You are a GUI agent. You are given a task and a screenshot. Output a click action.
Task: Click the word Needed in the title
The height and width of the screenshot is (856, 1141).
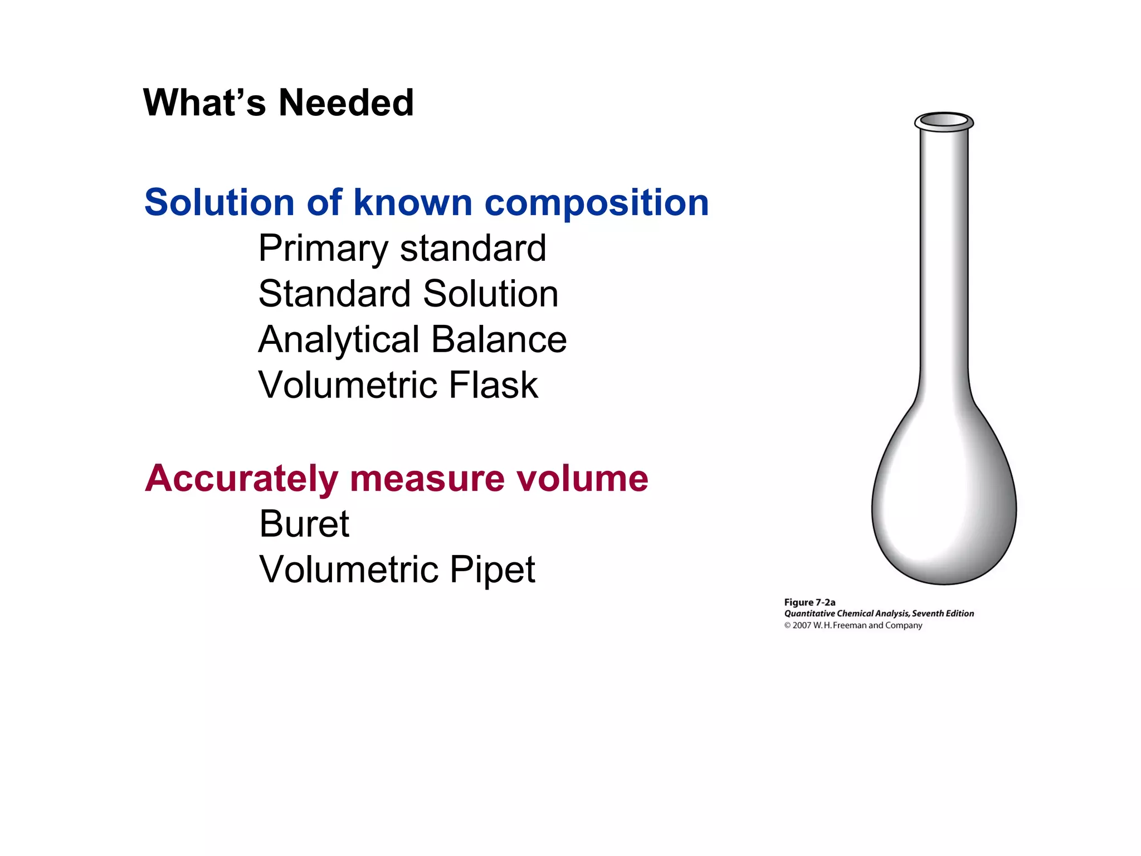pos(346,103)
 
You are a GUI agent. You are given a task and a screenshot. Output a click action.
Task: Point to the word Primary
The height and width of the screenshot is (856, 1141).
pos(323,249)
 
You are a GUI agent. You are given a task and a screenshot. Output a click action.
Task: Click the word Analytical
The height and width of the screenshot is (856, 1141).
pos(339,341)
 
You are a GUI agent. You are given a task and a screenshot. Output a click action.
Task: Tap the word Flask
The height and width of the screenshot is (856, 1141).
pos(494,385)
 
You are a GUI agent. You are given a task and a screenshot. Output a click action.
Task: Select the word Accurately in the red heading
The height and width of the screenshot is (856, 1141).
pos(241,479)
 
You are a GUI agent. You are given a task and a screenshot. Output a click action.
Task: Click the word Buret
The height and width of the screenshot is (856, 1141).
pos(304,524)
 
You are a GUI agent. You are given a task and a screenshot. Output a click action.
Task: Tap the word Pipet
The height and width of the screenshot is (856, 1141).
pos(492,570)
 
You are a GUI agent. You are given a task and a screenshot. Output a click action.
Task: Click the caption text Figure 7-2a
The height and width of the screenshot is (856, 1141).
pos(810,602)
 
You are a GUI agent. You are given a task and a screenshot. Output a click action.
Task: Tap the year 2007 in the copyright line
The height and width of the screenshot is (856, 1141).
pos(802,626)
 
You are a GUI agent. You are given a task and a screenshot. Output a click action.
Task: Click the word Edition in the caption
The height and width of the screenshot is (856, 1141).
pos(959,614)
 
